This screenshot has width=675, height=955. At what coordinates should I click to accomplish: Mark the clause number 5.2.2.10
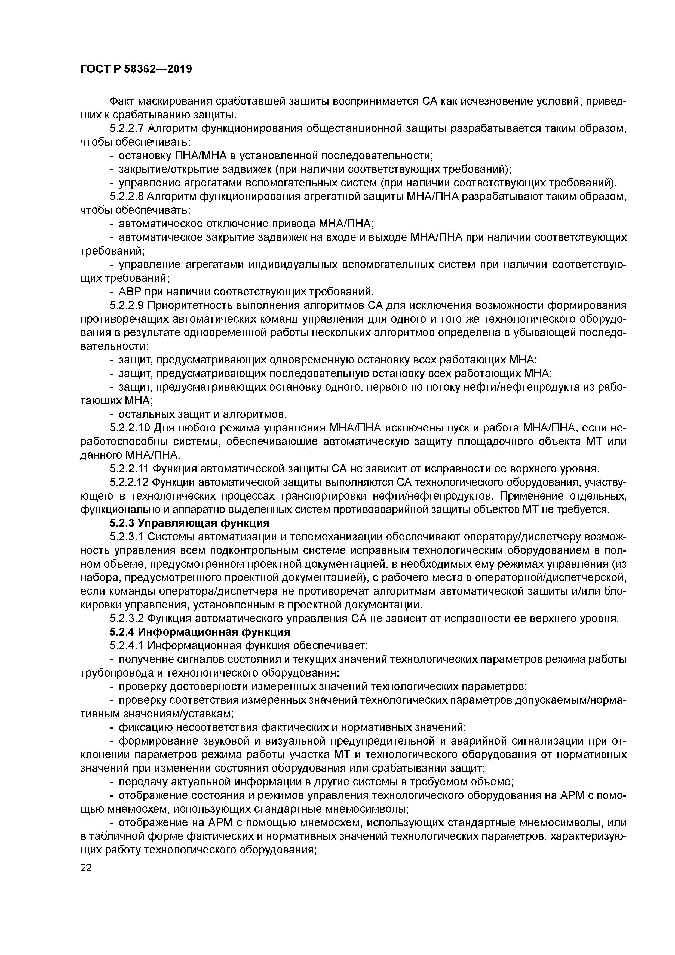(x=129, y=428)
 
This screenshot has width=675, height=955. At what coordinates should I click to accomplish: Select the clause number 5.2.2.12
(x=129, y=482)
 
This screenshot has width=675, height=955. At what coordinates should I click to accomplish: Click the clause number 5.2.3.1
(x=127, y=537)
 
